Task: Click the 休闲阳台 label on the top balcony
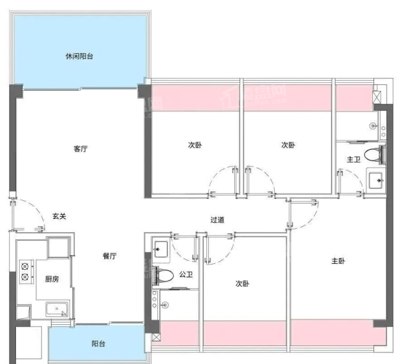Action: point(80,56)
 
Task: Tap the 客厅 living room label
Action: point(81,149)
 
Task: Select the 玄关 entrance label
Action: point(60,216)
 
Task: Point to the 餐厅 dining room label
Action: point(109,256)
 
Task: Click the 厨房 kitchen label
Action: point(52,279)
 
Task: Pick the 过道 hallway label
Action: point(218,219)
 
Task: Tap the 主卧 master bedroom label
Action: point(338,261)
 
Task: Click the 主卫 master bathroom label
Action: point(354,160)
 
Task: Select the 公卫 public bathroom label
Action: point(186,274)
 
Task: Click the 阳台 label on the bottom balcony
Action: point(98,343)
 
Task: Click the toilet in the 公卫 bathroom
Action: point(163,276)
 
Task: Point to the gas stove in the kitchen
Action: point(27,272)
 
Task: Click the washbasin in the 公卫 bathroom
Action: point(161,249)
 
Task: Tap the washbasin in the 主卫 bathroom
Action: point(376,180)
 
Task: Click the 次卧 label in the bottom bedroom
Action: point(242,284)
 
